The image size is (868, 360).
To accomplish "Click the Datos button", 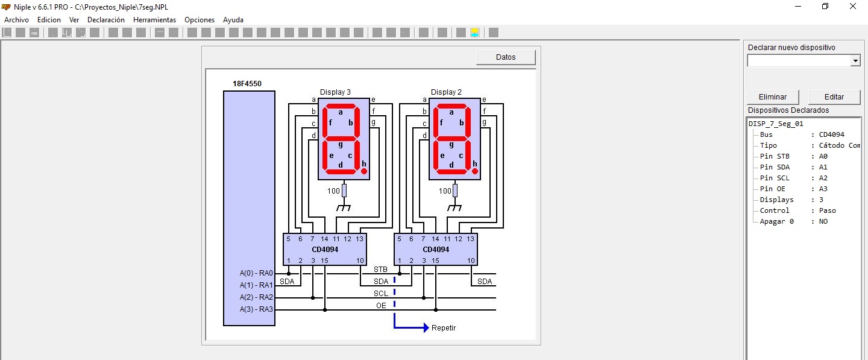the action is click(506, 57).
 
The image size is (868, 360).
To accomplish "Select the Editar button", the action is click(834, 97).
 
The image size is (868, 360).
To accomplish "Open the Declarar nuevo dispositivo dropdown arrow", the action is click(855, 61).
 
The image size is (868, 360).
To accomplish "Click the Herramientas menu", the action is click(154, 20).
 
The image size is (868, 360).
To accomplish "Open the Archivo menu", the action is click(16, 20).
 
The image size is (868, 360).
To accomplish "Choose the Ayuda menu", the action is click(233, 20).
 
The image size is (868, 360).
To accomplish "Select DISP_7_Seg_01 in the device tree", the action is click(776, 124).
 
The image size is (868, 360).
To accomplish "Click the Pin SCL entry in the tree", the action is click(774, 178).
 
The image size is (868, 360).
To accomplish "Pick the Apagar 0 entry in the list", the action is click(776, 221).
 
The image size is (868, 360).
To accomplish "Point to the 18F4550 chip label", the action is click(247, 84).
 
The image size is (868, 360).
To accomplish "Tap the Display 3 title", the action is click(335, 92).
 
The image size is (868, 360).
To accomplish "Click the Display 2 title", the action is click(446, 92).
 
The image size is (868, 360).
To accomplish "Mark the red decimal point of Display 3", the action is click(364, 171).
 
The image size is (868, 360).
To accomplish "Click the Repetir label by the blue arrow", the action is click(443, 328).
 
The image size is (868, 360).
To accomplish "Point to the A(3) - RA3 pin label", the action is click(256, 309).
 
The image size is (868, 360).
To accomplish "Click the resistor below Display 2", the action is click(455, 191).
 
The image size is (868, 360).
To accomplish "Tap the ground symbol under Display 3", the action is click(344, 207).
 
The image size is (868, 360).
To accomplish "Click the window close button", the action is click(852, 7).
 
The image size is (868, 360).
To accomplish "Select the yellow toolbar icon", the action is click(475, 33).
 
